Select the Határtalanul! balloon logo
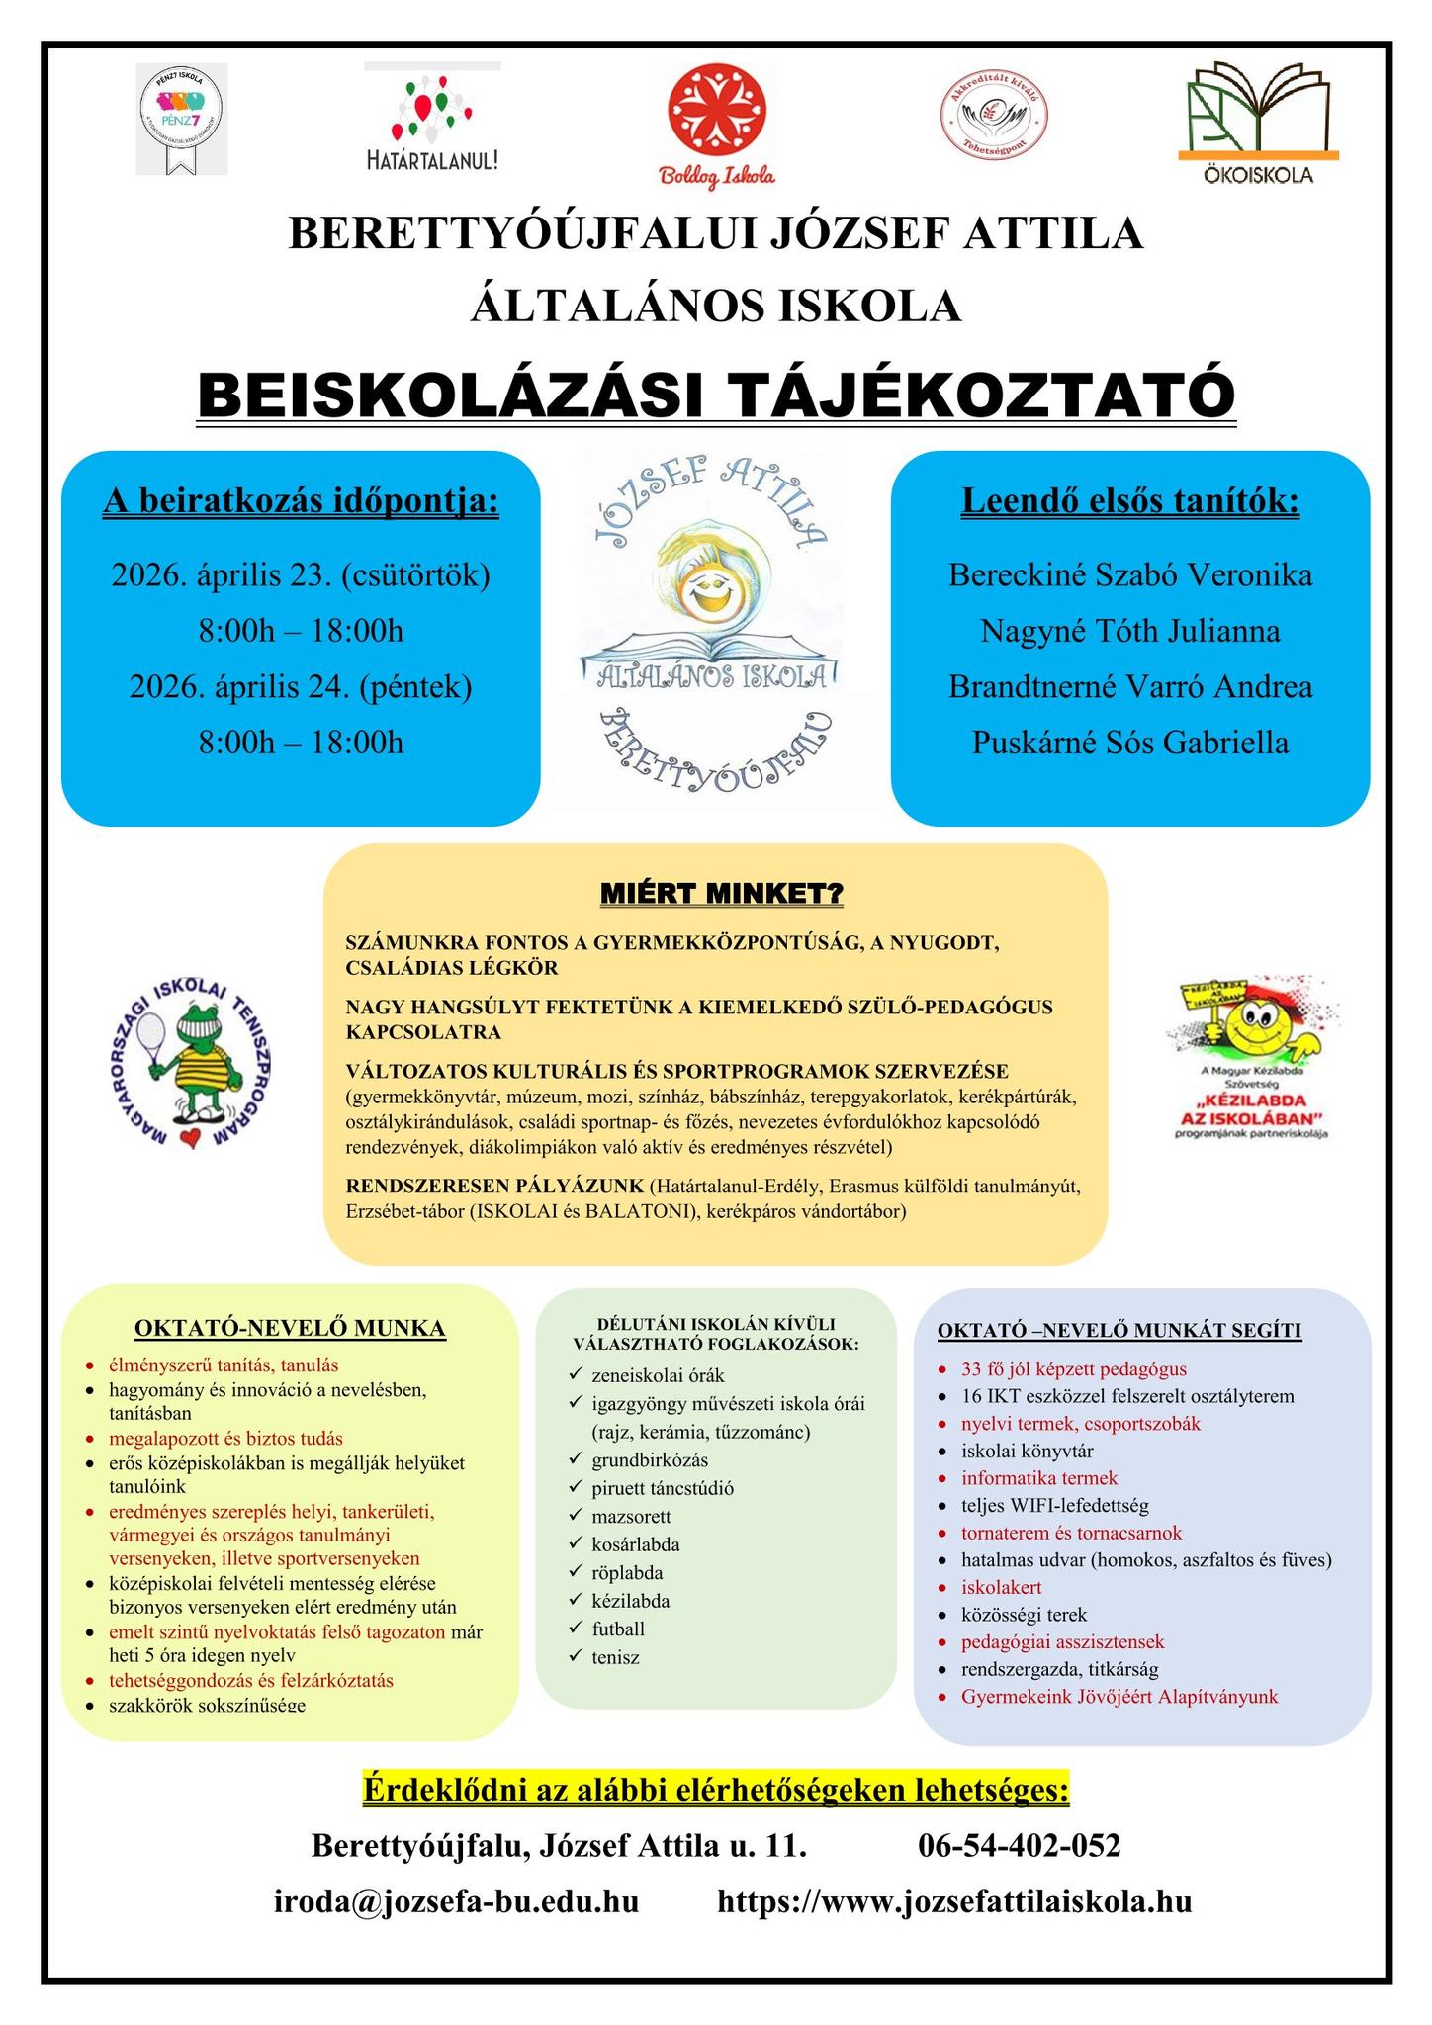coord(432,124)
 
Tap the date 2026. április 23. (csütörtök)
coord(301,574)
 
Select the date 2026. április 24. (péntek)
coord(301,685)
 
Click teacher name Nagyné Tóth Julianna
coord(1130,630)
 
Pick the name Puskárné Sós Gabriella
coord(1130,742)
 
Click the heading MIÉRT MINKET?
coord(721,895)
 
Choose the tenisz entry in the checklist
coord(615,1656)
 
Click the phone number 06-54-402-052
coord(1020,1846)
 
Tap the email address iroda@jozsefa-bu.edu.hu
coord(456,1901)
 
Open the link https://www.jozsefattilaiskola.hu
coord(953,1901)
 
